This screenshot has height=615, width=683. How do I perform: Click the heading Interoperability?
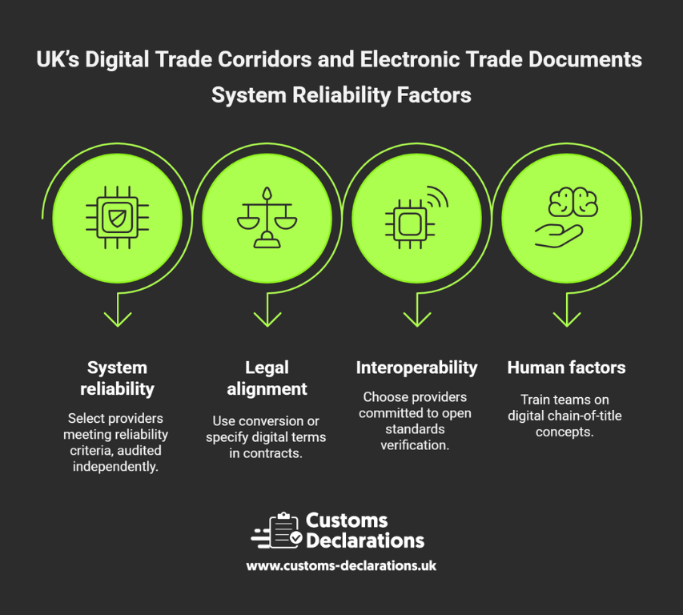tap(416, 368)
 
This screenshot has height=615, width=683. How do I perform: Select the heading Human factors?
tap(566, 368)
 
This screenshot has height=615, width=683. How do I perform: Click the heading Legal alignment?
tap(267, 378)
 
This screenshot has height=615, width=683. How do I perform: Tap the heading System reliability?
tap(117, 378)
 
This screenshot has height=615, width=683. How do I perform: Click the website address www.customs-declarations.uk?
tap(341, 565)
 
